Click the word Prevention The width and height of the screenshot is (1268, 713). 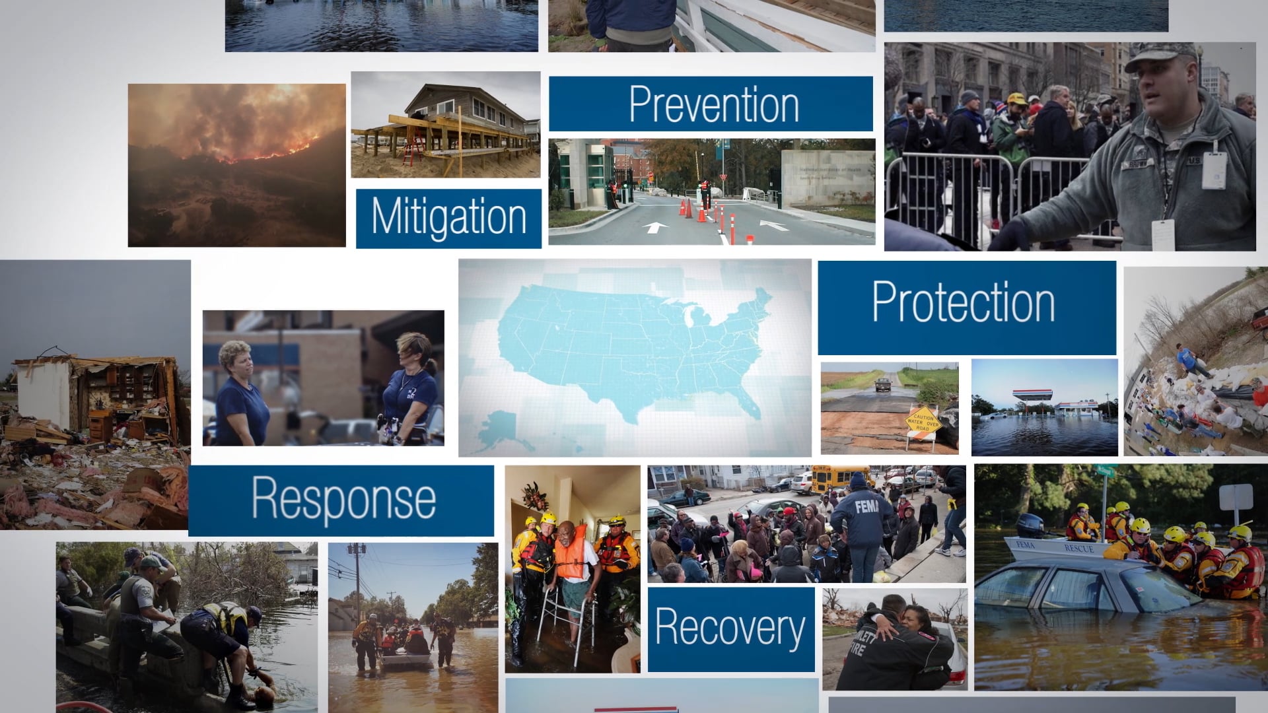(713, 104)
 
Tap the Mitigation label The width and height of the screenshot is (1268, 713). (448, 217)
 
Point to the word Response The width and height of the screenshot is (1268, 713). (343, 499)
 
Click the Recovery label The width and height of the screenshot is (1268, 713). (730, 628)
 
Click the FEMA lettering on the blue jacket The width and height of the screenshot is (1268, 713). (865, 507)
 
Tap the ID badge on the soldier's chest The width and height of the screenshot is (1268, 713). (1213, 170)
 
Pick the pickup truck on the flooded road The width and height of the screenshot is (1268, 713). (883, 384)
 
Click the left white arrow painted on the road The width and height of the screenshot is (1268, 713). (654, 228)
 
